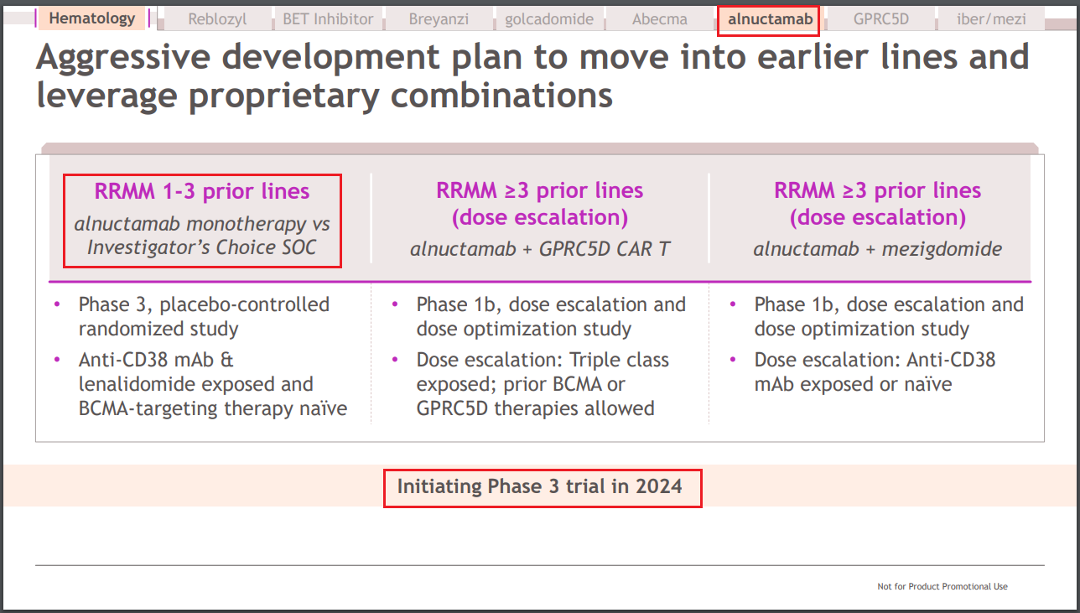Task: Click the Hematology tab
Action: [91, 18]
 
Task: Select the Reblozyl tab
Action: [217, 18]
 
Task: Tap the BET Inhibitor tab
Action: [328, 18]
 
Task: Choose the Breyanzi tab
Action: [439, 18]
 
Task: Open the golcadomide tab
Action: [549, 18]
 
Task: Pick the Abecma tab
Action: [660, 18]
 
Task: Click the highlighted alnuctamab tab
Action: [770, 19]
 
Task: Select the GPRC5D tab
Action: [881, 18]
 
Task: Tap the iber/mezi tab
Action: [991, 18]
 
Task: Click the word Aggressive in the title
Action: [123, 58]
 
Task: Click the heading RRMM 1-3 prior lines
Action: [202, 191]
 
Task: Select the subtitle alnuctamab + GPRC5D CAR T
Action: [540, 249]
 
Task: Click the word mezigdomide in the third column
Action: [942, 249]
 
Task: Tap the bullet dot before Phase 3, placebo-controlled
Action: [57, 304]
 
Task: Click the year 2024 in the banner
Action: [658, 486]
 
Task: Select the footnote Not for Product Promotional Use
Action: [942, 586]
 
